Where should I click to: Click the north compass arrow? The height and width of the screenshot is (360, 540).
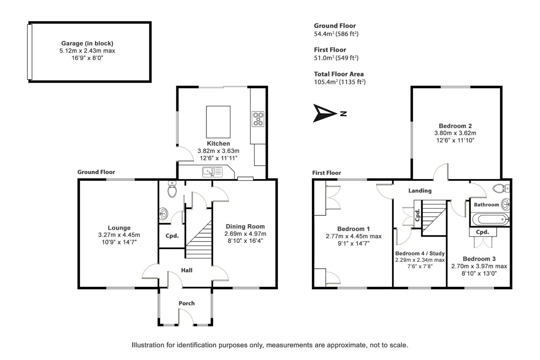tap(324, 113)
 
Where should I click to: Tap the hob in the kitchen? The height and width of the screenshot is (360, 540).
tap(258, 119)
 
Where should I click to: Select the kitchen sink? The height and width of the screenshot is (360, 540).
tap(212, 172)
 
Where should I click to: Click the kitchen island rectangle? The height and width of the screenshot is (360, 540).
tap(218, 122)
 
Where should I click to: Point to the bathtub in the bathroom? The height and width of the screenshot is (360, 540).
tap(491, 219)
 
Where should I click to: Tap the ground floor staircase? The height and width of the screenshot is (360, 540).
tap(199, 239)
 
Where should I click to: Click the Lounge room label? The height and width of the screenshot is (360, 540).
tap(119, 228)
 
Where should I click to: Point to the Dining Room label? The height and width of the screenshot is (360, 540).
tap(245, 226)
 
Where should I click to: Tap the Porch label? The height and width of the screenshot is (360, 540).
tap(187, 303)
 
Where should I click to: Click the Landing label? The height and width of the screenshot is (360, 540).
tap(420, 190)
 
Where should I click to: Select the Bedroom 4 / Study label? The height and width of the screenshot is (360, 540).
tap(420, 253)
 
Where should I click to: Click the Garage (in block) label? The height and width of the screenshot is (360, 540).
tap(87, 43)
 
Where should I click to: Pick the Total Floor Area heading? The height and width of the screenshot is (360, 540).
tap(339, 74)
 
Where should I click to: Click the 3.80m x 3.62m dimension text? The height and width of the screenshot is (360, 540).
tap(455, 133)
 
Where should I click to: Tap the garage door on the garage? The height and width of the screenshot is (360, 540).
tap(29, 52)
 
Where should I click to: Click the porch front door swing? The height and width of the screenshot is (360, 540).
tap(186, 317)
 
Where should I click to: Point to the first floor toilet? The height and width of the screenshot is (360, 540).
tap(501, 188)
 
